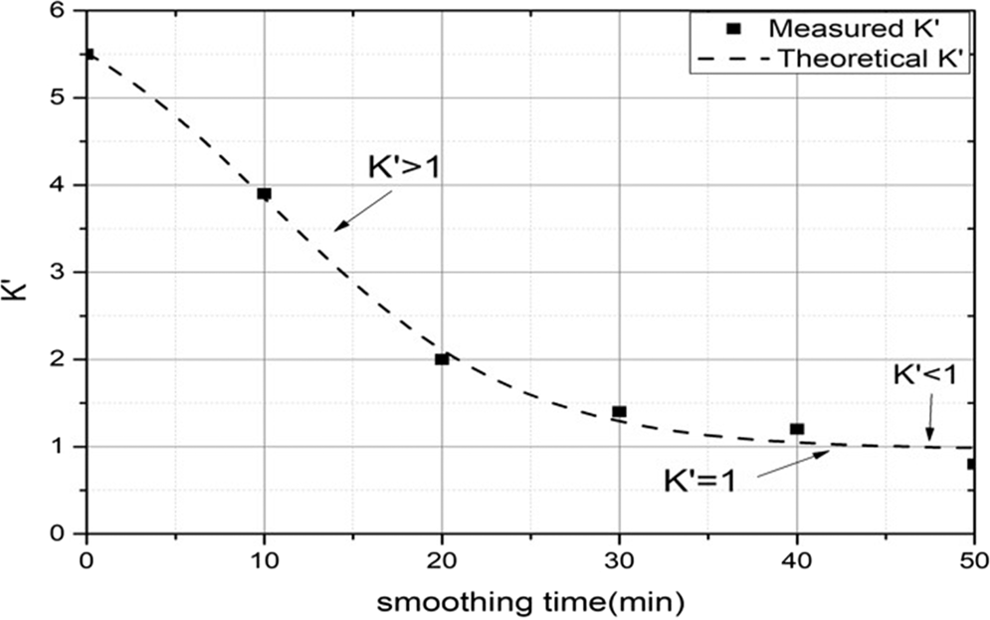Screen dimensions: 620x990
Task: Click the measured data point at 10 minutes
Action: click(x=264, y=194)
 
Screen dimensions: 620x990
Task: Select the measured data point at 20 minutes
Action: click(x=442, y=359)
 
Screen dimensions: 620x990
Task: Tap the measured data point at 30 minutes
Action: click(x=619, y=411)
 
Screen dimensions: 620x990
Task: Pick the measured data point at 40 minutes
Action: click(x=797, y=429)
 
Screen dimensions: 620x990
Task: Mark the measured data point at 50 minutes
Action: click(x=971, y=464)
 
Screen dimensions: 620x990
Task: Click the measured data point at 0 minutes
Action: click(x=90, y=55)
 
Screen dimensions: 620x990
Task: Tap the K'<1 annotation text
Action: click(x=925, y=376)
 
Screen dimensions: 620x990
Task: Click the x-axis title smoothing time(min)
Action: click(x=530, y=601)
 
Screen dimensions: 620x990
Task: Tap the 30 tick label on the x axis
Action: click(x=619, y=560)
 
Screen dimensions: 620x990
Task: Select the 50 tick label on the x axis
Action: click(x=971, y=560)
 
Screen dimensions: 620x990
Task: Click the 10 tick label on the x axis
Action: click(x=264, y=560)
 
